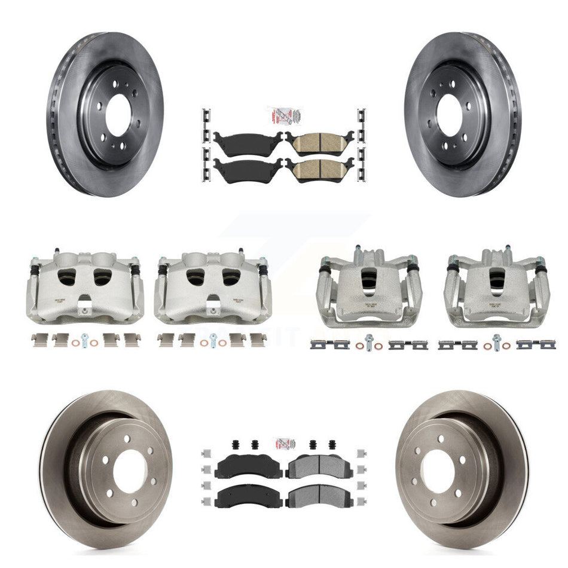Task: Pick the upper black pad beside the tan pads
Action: point(248,142)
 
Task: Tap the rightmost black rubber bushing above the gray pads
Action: point(332,445)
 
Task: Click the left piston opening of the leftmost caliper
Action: point(68,276)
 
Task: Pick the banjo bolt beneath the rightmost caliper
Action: point(496,343)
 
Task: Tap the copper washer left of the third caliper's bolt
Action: point(358,346)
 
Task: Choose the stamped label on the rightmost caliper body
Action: point(496,304)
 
